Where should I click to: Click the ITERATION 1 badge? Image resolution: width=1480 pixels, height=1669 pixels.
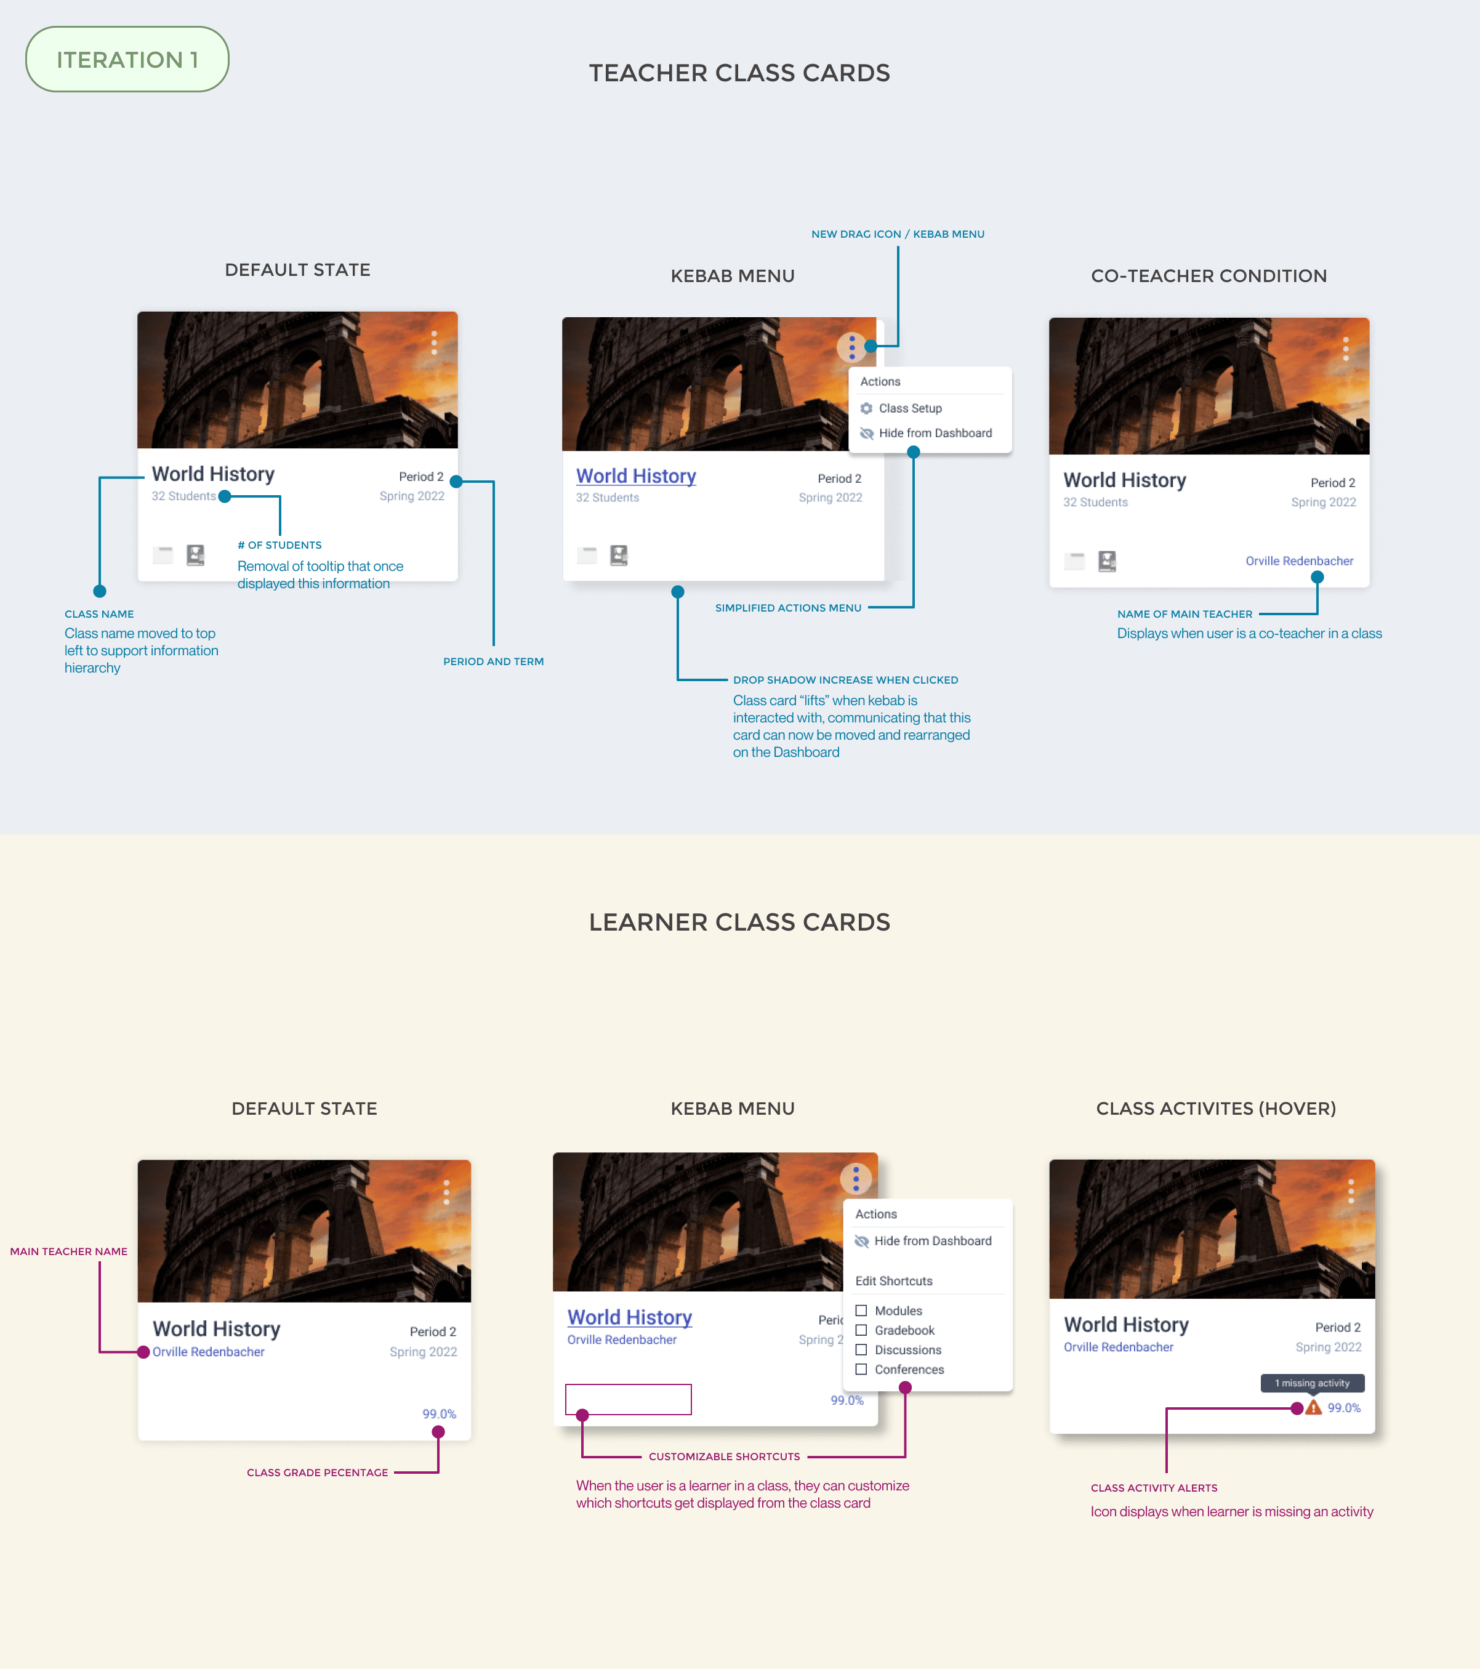pos(127,60)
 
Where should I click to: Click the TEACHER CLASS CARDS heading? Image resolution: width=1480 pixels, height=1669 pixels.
pos(739,73)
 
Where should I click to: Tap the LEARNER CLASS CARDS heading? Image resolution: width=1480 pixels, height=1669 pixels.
pos(739,922)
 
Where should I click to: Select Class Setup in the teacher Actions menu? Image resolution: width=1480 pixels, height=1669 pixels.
pos(909,408)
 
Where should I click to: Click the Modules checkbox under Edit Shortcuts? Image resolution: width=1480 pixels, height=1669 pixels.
pos(861,1311)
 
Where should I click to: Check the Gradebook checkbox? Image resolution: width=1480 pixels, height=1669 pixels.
pos(861,1330)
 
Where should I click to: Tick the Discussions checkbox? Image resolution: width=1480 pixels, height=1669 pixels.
pos(861,1350)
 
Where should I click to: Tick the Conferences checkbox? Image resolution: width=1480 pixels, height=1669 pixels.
pos(861,1369)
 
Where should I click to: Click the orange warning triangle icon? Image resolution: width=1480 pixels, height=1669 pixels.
pos(1313,1408)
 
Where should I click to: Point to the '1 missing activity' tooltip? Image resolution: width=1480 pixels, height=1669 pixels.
pos(1312,1383)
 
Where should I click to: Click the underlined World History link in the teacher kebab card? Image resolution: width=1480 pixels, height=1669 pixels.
pos(636,476)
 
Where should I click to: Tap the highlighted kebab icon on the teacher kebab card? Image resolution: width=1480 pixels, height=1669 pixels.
pos(851,347)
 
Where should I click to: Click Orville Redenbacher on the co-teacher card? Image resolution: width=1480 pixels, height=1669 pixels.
pos(1299,561)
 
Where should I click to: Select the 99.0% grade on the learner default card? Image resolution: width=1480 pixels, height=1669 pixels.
pos(439,1413)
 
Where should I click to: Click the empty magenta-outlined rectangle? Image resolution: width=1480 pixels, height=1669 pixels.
pos(628,1399)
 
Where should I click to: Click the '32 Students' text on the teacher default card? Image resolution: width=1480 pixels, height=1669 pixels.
pos(183,496)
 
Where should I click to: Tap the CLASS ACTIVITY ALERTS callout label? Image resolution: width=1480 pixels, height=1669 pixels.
pos(1154,1488)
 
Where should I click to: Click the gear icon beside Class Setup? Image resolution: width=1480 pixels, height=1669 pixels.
pos(866,408)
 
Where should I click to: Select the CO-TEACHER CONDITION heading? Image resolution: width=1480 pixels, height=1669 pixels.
pos(1208,276)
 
